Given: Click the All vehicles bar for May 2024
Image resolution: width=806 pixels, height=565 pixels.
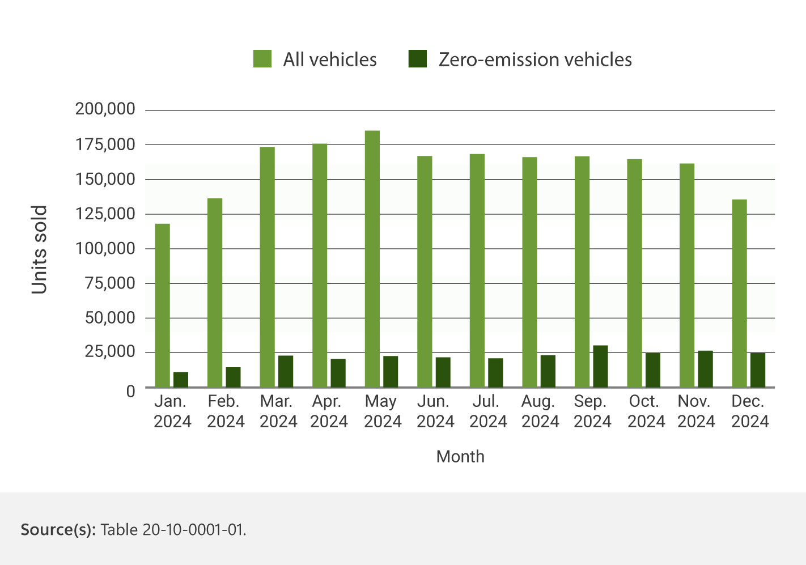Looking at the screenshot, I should click(x=372, y=259).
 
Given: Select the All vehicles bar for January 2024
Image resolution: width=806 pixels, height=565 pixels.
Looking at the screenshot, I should click(x=162, y=305).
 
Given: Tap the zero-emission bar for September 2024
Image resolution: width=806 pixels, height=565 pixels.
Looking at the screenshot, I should click(x=600, y=366).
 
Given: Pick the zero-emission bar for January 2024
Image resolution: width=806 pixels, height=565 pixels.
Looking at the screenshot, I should click(x=181, y=380).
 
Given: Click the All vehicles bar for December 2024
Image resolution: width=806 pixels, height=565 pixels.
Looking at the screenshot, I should click(x=739, y=293).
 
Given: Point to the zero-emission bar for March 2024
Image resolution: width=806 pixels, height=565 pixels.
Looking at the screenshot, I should click(x=286, y=371).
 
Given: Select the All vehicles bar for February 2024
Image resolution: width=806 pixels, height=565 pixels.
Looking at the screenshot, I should click(x=215, y=292).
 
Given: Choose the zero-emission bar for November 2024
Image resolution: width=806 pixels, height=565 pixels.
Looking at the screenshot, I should click(x=705, y=369).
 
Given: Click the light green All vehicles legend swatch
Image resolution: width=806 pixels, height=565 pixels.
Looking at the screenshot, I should click(x=262, y=59).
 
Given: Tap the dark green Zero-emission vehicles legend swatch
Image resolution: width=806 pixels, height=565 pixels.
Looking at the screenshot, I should click(x=418, y=59).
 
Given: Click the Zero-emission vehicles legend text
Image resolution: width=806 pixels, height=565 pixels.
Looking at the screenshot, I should click(x=535, y=60).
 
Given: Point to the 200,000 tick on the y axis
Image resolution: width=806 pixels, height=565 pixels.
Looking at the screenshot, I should click(x=105, y=109).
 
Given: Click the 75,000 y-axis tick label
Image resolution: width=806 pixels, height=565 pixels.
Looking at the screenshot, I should click(x=110, y=283).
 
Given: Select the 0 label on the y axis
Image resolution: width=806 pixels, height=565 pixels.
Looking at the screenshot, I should click(x=131, y=391).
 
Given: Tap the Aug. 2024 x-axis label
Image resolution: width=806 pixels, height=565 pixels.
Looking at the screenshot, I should click(x=540, y=411).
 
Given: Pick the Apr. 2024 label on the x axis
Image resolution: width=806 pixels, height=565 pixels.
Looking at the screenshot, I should click(x=329, y=411).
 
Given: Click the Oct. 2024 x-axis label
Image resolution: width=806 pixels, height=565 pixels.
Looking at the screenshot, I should click(x=646, y=411).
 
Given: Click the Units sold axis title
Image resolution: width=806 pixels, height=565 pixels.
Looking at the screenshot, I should click(x=39, y=249).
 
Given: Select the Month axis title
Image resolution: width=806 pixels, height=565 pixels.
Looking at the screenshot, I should click(x=460, y=457).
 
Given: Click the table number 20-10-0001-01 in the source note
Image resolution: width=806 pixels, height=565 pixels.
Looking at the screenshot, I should click(x=193, y=530).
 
